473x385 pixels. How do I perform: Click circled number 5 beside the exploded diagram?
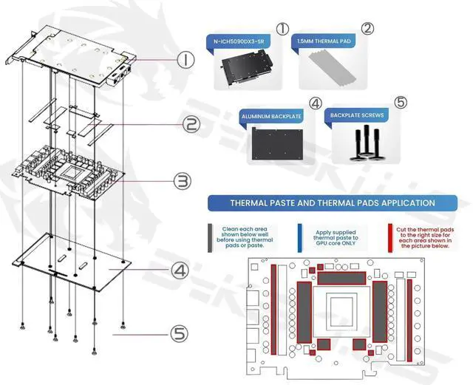[178, 333]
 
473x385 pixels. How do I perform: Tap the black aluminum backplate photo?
[275, 143]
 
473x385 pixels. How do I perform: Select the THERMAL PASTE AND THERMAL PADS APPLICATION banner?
[331, 202]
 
